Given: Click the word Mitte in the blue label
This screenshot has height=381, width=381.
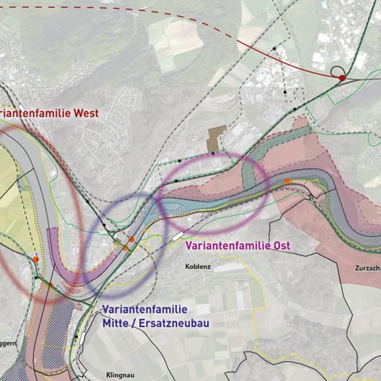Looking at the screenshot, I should (116, 323).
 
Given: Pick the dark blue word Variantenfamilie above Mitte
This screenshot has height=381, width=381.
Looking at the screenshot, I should (144, 310).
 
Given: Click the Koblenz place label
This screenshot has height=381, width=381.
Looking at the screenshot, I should (198, 267).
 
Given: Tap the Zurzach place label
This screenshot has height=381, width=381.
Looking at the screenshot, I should (368, 268).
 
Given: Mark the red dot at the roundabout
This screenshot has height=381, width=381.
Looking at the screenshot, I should (342, 78).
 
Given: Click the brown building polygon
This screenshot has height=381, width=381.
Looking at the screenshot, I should (215, 138).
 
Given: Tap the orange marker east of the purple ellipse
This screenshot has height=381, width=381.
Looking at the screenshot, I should (287, 182).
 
